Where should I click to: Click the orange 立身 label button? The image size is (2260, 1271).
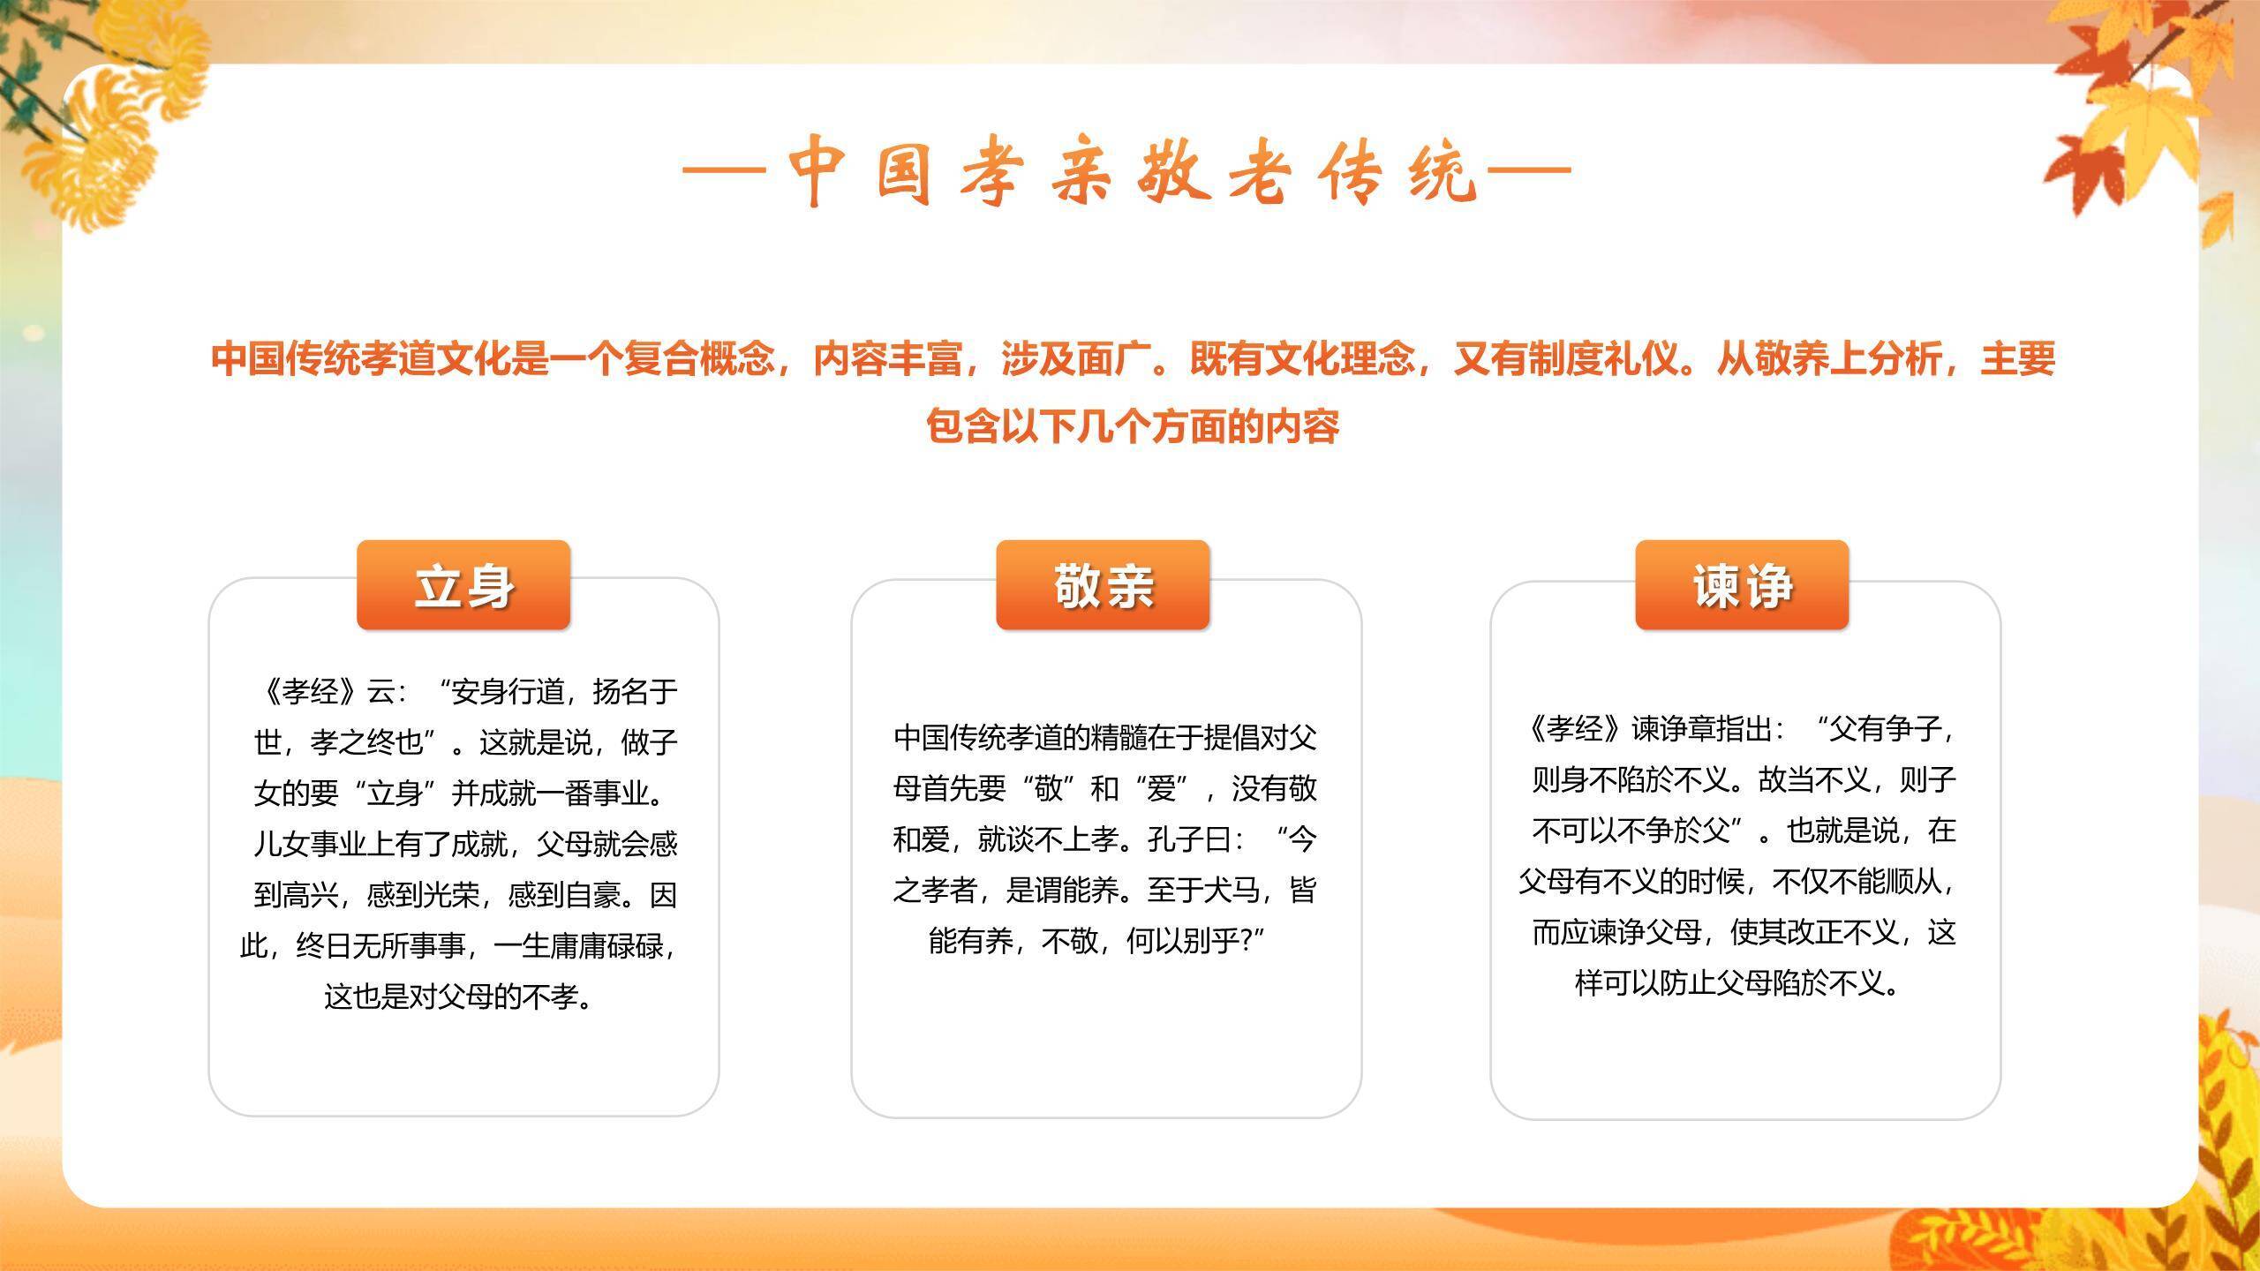[x=463, y=585]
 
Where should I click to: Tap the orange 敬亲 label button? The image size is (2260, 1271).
[x=1103, y=585]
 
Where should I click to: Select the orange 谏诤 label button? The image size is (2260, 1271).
[x=1742, y=585]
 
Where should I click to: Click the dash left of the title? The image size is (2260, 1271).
[x=722, y=171]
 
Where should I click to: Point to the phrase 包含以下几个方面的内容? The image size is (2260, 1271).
[x=1133, y=426]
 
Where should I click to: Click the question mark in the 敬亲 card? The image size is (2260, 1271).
[x=1247, y=941]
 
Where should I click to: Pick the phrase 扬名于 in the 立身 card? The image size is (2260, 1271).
[x=636, y=691]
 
